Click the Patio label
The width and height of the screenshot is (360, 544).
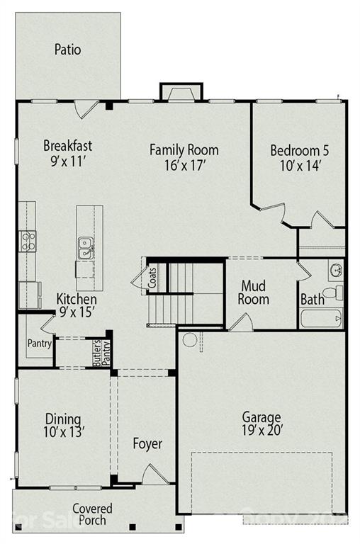(x=67, y=50)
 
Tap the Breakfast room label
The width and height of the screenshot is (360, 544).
(x=67, y=146)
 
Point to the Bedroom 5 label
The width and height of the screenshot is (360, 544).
(x=299, y=150)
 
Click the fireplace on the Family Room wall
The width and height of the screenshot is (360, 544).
(x=181, y=93)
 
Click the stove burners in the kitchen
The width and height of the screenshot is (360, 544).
(x=28, y=241)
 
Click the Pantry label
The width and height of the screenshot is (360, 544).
(x=38, y=344)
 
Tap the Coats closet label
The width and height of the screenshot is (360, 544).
(x=152, y=276)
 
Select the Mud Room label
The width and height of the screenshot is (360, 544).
(x=255, y=293)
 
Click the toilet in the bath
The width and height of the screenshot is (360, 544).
(x=332, y=293)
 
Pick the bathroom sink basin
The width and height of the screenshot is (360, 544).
(x=336, y=269)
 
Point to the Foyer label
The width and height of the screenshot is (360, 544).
(x=147, y=444)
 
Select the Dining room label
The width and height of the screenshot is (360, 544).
(x=63, y=419)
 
